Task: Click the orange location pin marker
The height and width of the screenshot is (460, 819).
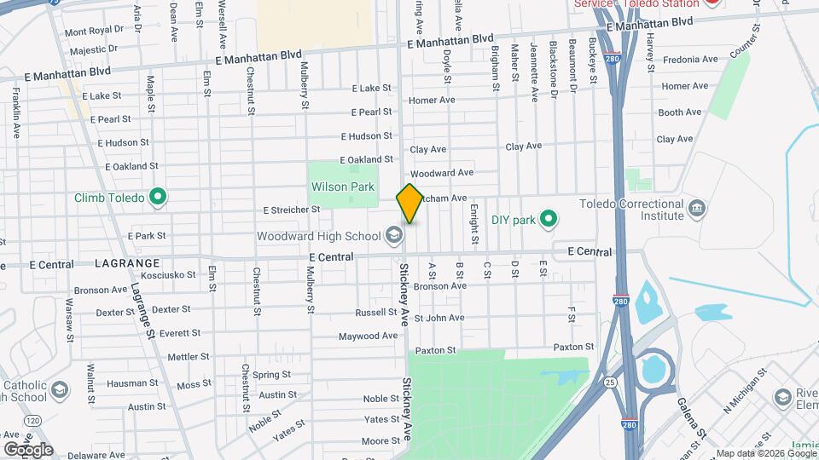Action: pos(409,204)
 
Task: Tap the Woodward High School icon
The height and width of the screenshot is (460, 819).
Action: pos(393,234)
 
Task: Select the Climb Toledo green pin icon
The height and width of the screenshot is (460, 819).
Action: pos(157,198)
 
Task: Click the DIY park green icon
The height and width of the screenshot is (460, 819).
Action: pos(550,220)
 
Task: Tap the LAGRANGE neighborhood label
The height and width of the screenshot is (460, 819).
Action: pos(128,263)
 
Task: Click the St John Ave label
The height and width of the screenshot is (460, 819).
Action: pos(439,318)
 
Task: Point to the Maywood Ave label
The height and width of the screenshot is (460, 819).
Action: pos(369,336)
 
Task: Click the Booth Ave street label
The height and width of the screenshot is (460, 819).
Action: pos(680,112)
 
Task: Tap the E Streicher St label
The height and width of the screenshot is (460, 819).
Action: pos(291,209)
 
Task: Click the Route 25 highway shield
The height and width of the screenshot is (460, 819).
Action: pos(611,382)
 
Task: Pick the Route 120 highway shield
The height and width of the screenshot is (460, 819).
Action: pos(32,421)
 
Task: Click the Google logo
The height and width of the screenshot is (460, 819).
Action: pos(28,449)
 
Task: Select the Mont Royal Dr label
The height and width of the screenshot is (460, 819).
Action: pos(94,31)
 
